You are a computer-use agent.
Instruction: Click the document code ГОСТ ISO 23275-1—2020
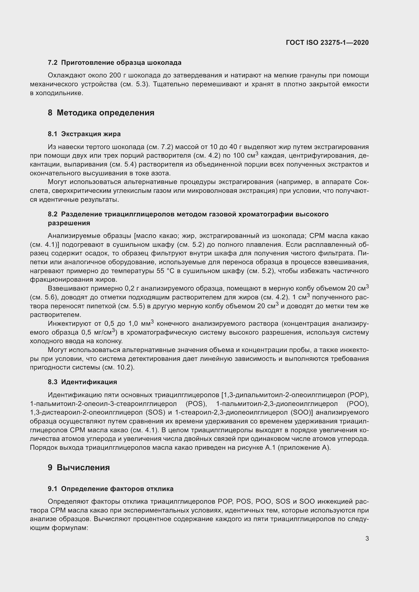327,43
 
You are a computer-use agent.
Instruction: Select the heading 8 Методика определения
101,113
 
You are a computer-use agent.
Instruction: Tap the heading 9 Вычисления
79,467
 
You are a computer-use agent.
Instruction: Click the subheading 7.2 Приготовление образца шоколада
115,63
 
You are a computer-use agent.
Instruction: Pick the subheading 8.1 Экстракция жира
84,134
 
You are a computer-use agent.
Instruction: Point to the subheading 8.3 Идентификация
82,382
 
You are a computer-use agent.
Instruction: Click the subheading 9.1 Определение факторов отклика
110,489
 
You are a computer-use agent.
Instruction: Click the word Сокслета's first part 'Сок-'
361,182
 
